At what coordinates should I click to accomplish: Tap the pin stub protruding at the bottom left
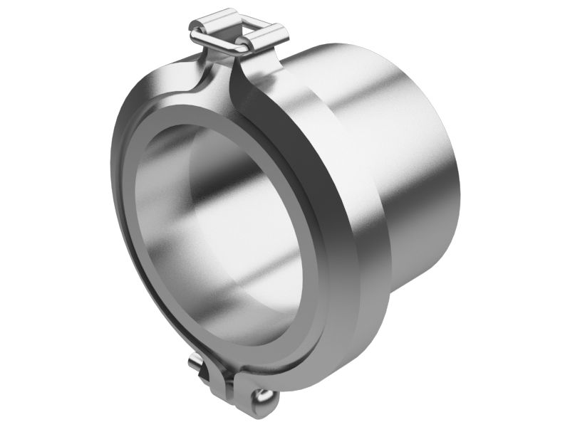[197, 364]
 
